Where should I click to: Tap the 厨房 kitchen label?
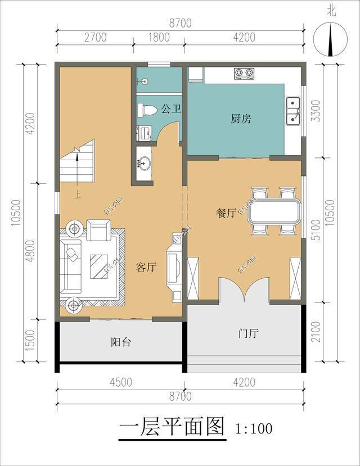tap(241, 119)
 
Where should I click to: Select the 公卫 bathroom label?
tap(171, 108)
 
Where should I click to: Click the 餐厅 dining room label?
tap(226, 213)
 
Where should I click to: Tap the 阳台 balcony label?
tap(120, 342)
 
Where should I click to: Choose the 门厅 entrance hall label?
tap(247, 333)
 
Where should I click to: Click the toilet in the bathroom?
tap(147, 109)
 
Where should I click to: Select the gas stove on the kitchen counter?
tap(244, 73)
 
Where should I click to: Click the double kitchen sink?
tap(292, 110)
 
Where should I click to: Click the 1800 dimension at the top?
tap(159, 38)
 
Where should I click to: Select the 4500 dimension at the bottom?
tap(120, 383)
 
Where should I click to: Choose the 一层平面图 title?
tap(172, 427)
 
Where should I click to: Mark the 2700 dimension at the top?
tap(95, 38)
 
